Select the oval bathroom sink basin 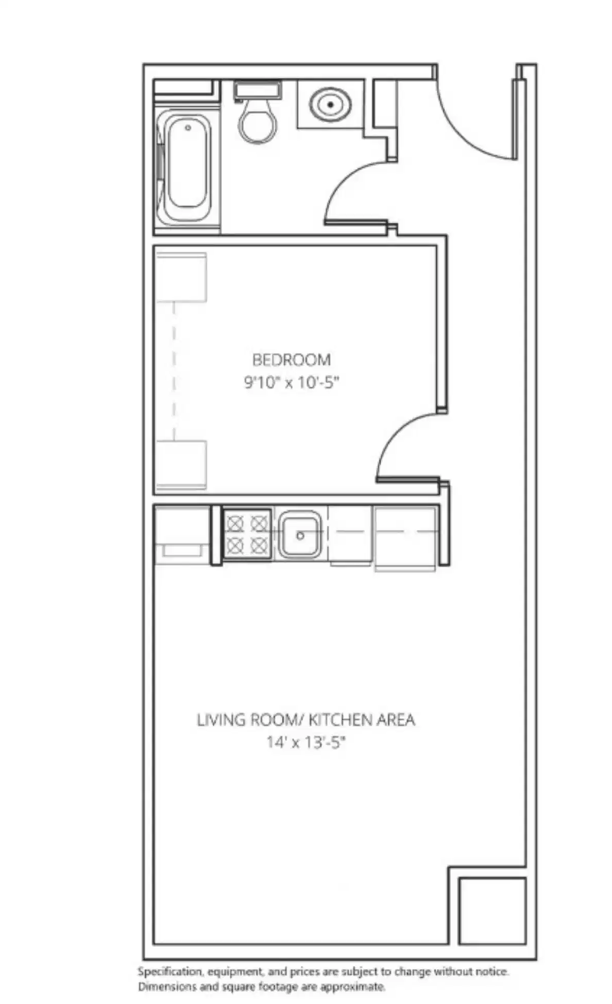pos(330,104)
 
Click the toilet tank pos(257,90)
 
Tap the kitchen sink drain pos(300,536)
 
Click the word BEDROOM pos(291,359)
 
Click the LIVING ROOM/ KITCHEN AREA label pos(305,720)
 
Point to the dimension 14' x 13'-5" pos(305,743)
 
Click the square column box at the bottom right pos(492,911)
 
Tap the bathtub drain pos(188,128)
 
